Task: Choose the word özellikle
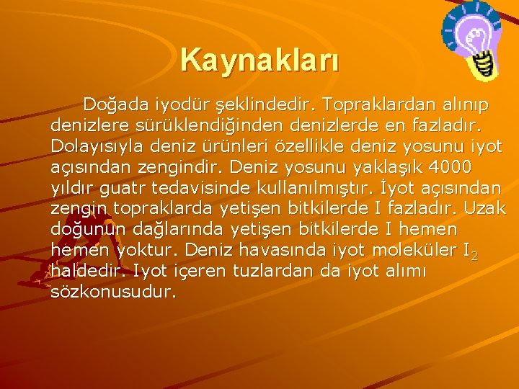point(324,147)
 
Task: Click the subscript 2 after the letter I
point(473,256)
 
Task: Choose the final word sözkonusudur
point(113,293)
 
